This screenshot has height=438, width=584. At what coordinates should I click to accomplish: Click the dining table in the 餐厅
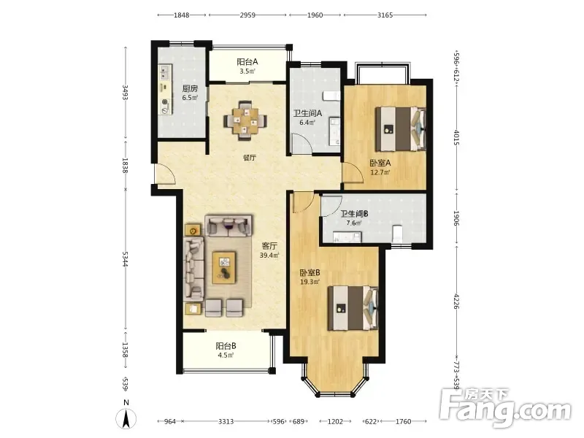[245, 120]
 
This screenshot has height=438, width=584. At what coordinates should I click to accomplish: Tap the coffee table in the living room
[224, 267]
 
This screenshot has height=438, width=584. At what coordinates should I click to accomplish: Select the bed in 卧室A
[400, 129]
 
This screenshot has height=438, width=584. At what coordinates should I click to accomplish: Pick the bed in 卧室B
[353, 308]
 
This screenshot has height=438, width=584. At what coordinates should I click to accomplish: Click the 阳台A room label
[247, 62]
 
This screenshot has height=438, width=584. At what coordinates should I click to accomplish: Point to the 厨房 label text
[190, 88]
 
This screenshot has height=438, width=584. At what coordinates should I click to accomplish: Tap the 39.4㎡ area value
[269, 255]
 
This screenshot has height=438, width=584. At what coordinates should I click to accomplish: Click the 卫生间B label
[355, 214]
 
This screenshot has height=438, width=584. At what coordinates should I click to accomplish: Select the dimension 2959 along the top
[247, 15]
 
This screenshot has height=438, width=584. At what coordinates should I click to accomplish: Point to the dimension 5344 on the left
[125, 258]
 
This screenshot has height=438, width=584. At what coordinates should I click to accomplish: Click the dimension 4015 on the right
[457, 137]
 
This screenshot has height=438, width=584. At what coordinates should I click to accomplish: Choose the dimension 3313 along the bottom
[226, 421]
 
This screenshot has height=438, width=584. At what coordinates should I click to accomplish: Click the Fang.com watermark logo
[505, 408]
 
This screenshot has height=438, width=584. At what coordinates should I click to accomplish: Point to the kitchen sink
[165, 72]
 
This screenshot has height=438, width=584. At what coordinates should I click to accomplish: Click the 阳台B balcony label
[226, 346]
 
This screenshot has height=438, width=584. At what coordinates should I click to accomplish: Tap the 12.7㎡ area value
[380, 172]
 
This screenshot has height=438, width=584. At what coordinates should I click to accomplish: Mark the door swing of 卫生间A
[301, 143]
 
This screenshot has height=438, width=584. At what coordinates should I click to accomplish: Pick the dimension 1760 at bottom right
[403, 421]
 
